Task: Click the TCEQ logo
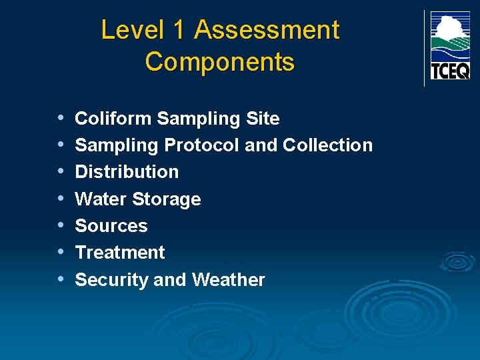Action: coord(450,45)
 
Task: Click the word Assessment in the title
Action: coord(267,30)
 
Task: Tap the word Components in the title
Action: coord(219,62)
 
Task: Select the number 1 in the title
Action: coord(178,30)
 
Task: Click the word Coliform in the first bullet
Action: coord(113,119)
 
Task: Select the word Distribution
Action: coord(127,172)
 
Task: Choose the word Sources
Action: coord(111,226)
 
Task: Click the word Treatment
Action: coord(120,253)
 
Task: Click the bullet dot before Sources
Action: coord(61,225)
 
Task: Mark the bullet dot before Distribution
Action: coord(61,171)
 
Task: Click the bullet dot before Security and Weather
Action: coord(61,279)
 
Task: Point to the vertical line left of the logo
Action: coord(424,48)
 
